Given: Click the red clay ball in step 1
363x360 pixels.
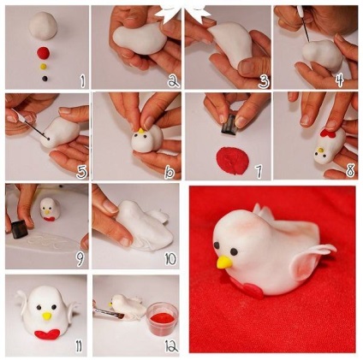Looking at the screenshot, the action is [44, 53].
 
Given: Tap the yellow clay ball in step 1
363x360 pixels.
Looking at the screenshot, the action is [44, 67].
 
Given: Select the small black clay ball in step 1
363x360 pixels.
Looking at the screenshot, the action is [45, 78].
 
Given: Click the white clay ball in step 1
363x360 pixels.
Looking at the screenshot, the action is [43, 26].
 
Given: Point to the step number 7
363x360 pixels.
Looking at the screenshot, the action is [259, 171].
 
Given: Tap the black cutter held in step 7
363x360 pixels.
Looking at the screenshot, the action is [229, 126].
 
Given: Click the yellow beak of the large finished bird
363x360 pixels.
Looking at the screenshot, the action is [224, 262].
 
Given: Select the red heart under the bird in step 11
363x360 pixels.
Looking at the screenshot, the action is [47, 333].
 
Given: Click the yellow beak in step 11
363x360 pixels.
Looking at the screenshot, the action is [47, 316].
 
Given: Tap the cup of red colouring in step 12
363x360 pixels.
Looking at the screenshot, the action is [163, 319].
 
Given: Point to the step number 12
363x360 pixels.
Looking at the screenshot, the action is [171, 345].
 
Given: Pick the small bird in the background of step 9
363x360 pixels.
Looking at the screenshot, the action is [50, 210].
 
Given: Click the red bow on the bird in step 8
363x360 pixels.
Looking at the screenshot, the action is [329, 133].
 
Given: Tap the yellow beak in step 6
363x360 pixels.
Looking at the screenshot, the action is [140, 132].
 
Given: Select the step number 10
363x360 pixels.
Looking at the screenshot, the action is [170, 259].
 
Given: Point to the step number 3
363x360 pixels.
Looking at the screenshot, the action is [264, 81].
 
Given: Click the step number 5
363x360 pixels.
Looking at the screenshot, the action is [81, 172].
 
